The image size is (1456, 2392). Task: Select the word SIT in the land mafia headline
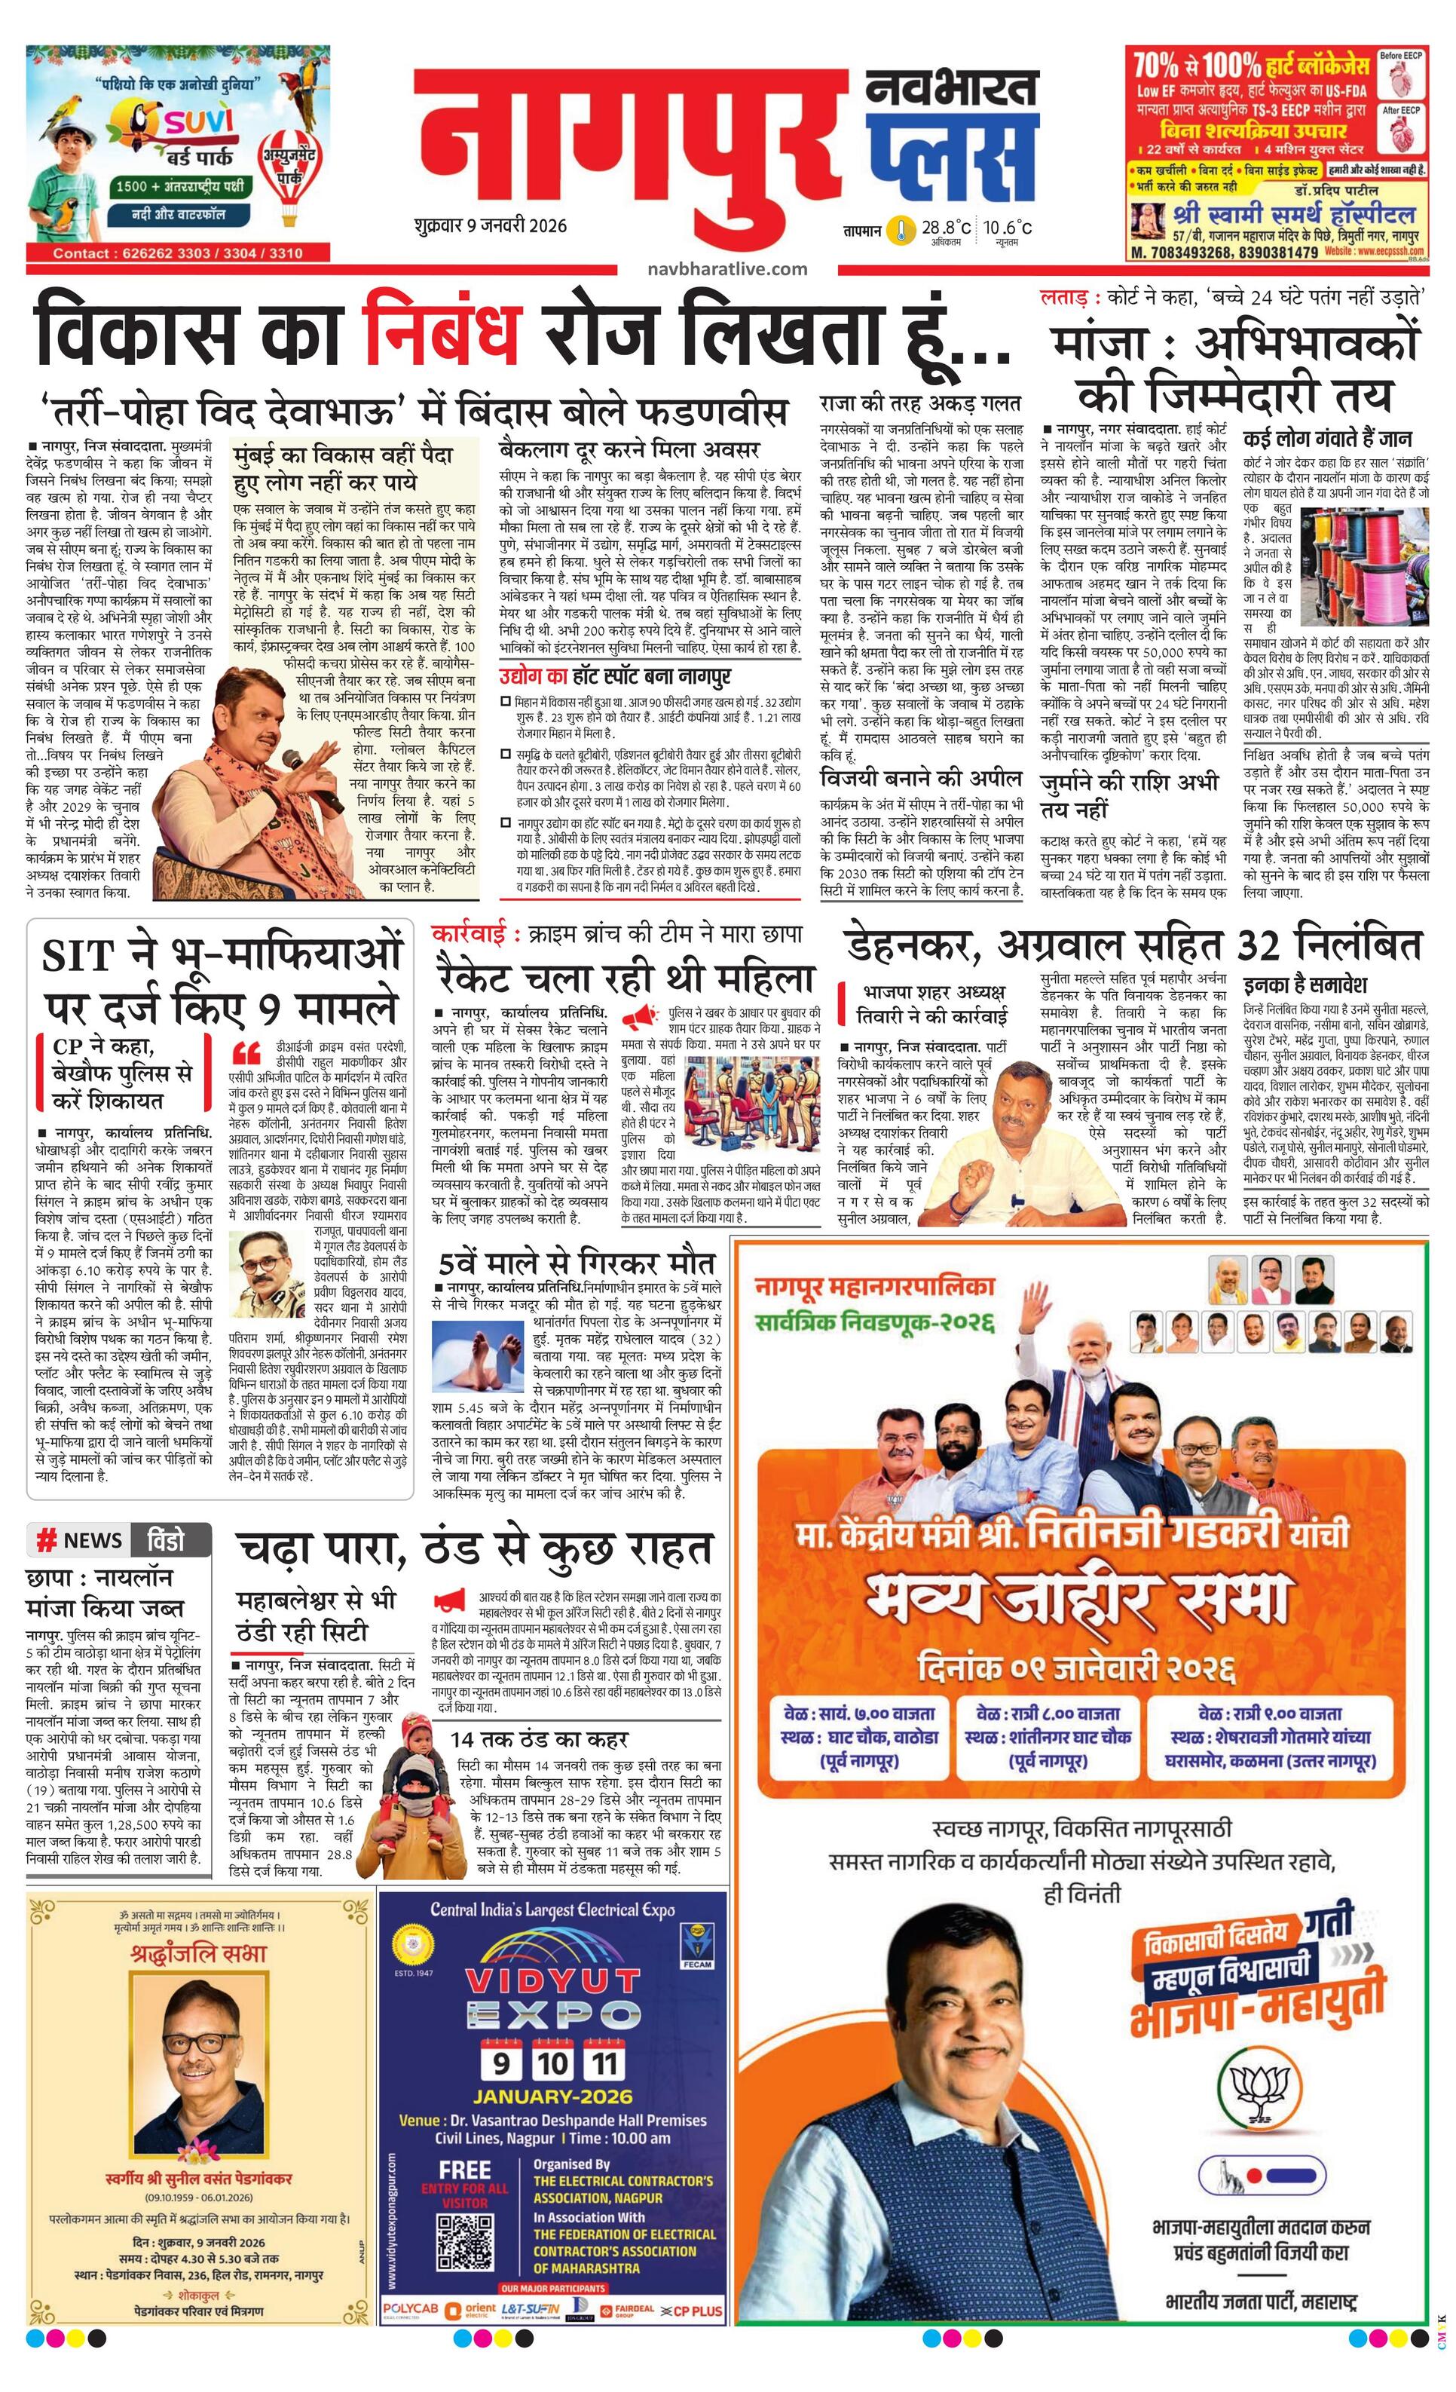[x=88, y=957]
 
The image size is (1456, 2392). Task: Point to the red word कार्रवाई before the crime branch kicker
[x=470, y=934]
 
